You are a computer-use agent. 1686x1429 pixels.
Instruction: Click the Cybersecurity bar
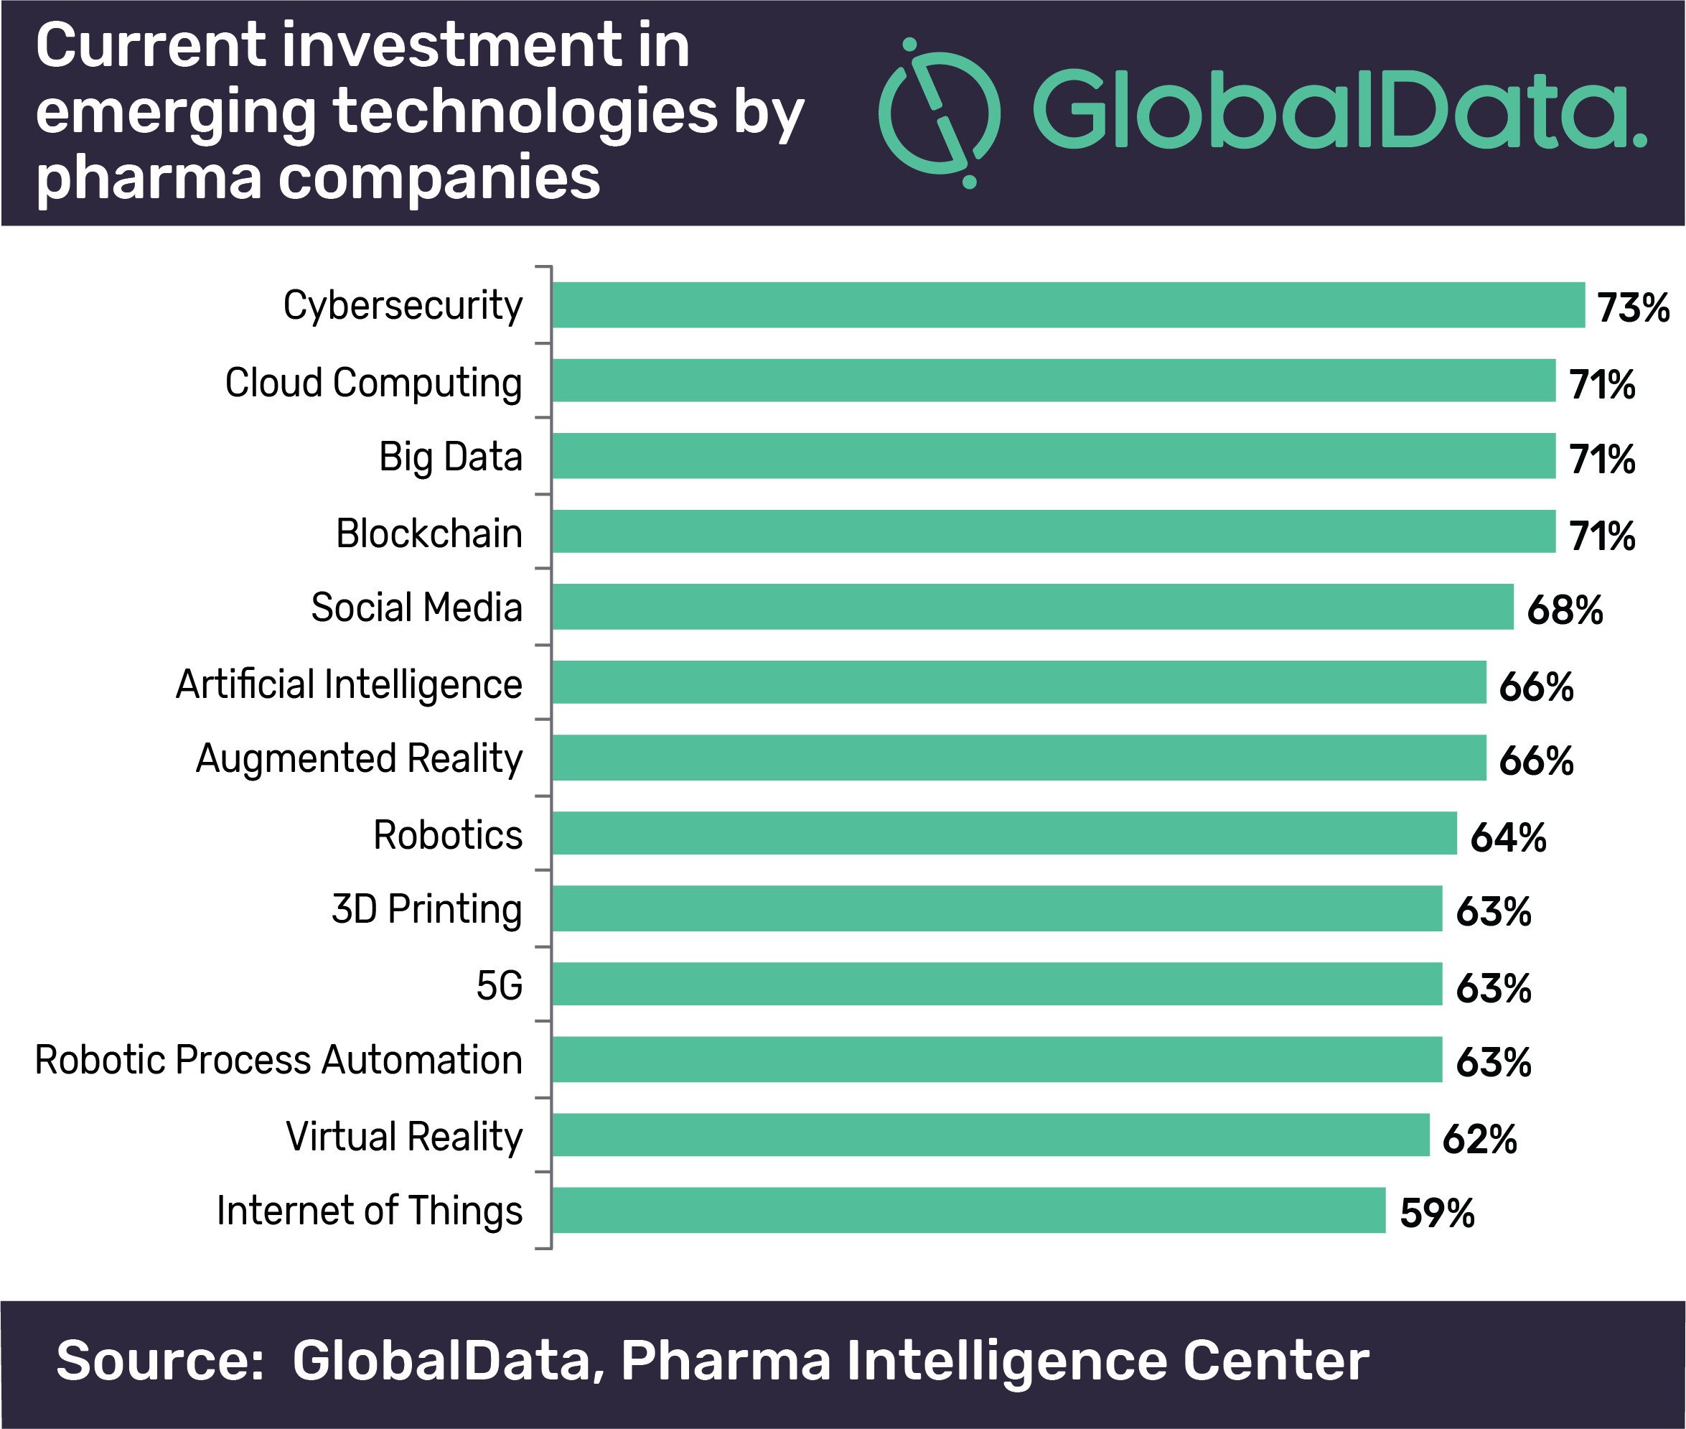coord(1068,304)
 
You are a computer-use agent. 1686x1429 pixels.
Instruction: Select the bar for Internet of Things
coord(968,1209)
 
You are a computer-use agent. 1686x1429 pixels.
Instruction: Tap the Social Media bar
coord(1033,606)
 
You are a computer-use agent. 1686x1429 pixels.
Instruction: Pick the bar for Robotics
coord(1004,833)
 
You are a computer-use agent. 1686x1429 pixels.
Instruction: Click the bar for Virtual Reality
coord(990,1134)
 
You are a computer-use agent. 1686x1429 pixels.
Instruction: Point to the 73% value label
coord(1633,308)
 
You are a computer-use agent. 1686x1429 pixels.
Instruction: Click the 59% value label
coord(1437,1213)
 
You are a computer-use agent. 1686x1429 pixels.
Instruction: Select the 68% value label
coord(1565,610)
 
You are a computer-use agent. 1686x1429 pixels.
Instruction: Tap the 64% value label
coord(1508,837)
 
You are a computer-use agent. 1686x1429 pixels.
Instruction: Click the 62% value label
coord(1479,1139)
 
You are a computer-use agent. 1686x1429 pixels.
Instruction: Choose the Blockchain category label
coord(429,533)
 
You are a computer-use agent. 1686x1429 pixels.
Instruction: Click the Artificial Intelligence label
coord(349,685)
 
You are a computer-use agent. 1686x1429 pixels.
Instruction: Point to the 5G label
coord(499,986)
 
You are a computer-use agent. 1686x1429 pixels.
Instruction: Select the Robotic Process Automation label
coord(278,1060)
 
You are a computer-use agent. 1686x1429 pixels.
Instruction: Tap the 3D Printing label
coord(427,910)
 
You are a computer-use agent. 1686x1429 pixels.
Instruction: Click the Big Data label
coord(450,457)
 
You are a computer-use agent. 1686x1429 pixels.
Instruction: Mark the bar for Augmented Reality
coord(1018,758)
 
